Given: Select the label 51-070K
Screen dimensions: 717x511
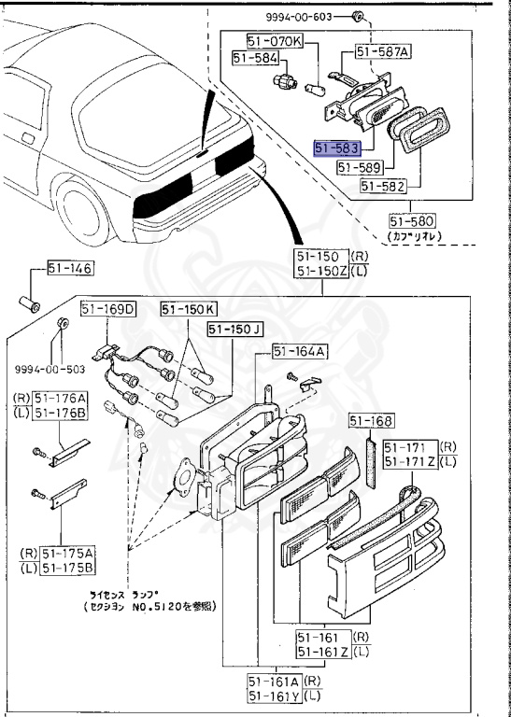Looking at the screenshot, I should tap(275, 41).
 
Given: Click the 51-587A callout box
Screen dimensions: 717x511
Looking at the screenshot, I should tap(381, 53).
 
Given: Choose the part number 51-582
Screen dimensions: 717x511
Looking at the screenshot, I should tap(383, 187).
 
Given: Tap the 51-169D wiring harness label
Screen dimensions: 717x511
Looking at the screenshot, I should tap(108, 308).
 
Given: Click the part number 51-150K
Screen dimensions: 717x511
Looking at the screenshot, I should tap(187, 308).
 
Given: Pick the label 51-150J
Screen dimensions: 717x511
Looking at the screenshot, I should tap(235, 329).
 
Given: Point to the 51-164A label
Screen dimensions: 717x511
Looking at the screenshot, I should tap(299, 351).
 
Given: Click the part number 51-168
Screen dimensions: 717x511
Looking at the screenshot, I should tap(372, 420).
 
